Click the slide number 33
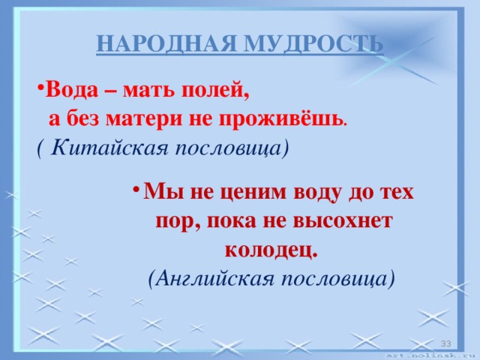[444, 343]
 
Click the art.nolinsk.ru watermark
[431, 355]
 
